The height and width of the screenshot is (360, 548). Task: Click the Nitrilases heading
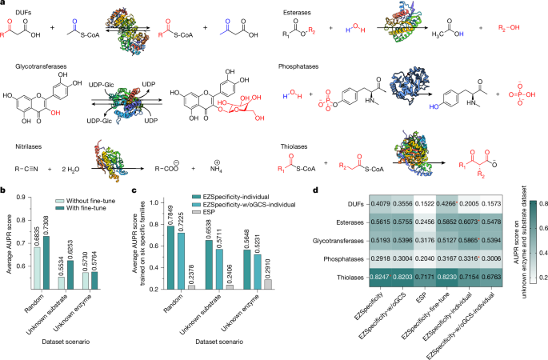pos(25,142)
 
